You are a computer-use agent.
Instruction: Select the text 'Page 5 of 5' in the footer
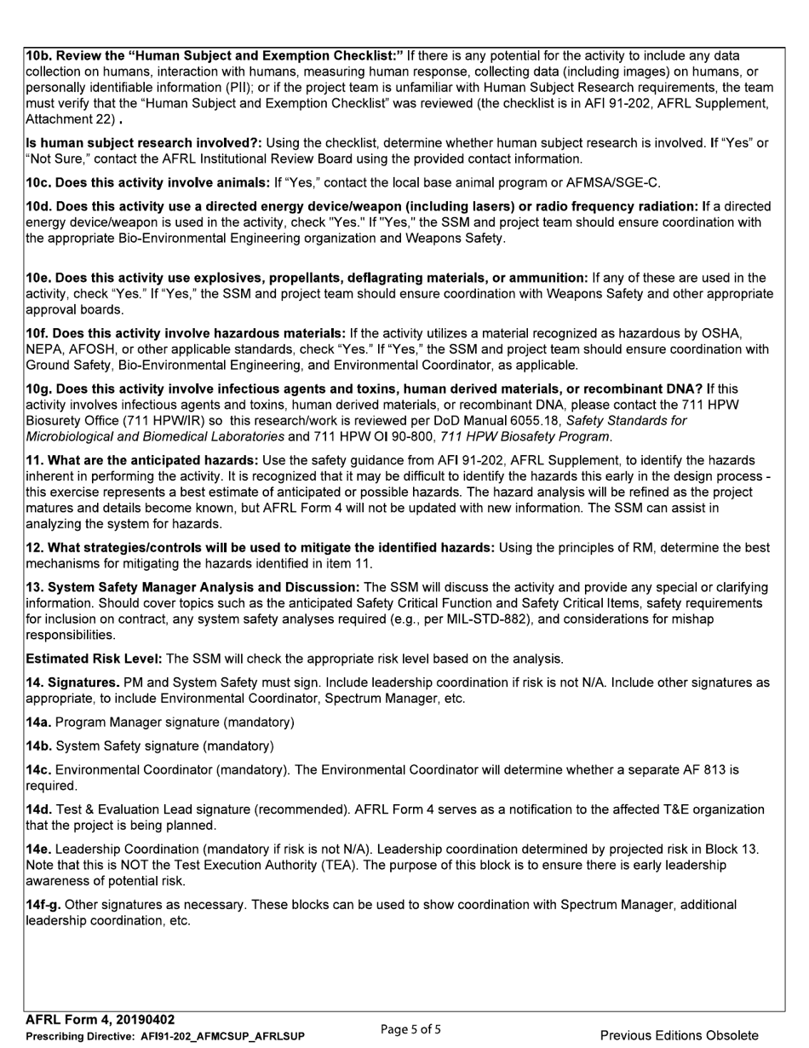[x=410, y=1030]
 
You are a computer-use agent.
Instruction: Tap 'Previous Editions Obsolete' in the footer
[x=679, y=1035]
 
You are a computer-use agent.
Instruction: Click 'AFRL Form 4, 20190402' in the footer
[x=100, y=1020]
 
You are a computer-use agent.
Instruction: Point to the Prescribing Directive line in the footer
[x=164, y=1036]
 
